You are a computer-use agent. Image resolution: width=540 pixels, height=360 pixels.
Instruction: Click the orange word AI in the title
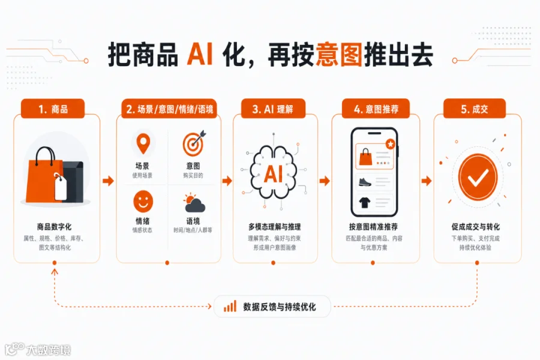[200, 55]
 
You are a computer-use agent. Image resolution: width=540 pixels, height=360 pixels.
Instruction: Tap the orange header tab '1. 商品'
[53, 109]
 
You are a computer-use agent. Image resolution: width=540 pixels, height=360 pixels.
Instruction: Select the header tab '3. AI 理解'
[273, 109]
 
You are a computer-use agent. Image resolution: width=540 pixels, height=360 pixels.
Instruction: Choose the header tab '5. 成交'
[474, 109]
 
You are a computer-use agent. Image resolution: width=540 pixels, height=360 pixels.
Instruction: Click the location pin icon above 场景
[143, 143]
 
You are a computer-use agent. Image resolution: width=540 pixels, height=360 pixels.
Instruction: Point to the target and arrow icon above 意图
[194, 143]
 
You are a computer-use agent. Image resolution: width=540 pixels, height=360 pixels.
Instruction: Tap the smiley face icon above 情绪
[143, 202]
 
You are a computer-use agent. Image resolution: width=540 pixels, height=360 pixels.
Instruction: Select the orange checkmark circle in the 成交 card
[478, 177]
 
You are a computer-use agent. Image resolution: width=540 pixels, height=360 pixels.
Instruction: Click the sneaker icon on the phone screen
[365, 182]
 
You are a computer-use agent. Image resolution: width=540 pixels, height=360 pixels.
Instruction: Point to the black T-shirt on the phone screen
[365, 202]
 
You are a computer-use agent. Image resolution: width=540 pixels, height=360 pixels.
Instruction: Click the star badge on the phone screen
[390, 143]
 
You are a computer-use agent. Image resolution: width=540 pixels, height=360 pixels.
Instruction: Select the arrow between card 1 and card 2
[108, 181]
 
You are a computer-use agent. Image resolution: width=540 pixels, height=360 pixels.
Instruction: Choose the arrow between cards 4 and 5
[427, 181]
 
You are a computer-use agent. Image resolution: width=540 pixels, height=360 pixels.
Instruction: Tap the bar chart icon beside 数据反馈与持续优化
[230, 306]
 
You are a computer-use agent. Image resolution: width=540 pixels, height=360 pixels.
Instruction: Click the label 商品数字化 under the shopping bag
[54, 227]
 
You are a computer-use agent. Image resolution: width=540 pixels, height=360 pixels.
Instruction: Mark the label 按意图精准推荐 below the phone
[373, 227]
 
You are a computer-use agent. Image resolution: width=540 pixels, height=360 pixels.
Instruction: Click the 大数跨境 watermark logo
[38, 349]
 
